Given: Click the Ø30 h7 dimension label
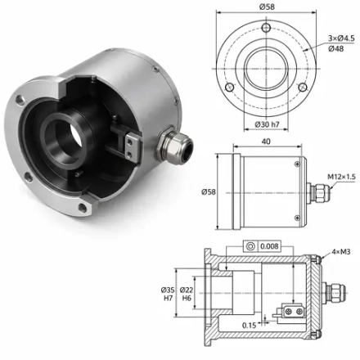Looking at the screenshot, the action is coord(267,124).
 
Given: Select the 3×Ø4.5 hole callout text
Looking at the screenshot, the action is coord(341,38).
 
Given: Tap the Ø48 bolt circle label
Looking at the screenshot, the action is coord(336,49).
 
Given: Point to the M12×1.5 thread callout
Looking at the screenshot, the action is coord(341,177).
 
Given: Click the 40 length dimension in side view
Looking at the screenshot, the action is coord(266,142).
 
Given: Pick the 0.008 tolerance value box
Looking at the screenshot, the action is coord(269,246).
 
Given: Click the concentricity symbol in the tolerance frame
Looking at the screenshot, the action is coord(250,246).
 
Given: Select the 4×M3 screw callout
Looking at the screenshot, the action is coord(341,251).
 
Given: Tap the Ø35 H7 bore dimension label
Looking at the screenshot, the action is coord(168,294).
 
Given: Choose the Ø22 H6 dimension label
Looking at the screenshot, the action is coord(187,294).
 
